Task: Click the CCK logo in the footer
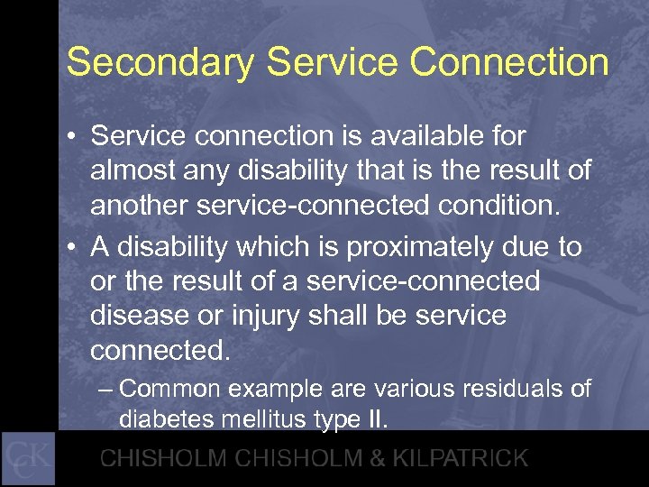point(29,458)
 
